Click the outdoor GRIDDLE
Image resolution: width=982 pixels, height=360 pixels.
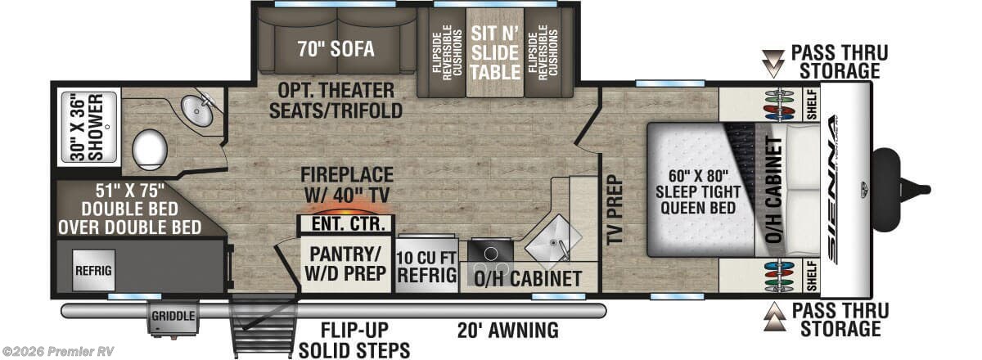(x=172, y=317)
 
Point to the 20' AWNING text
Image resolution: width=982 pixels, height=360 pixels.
(x=508, y=331)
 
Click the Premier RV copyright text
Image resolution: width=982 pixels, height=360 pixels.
(x=57, y=351)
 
